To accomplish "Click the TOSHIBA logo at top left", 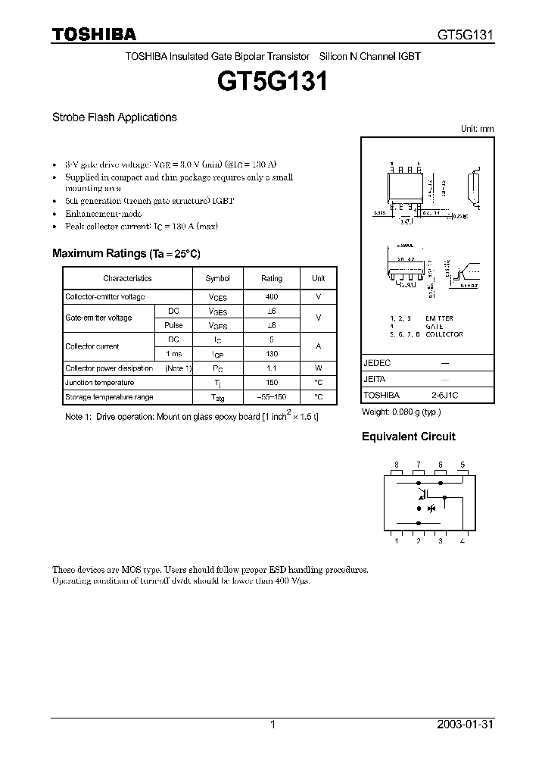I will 94,34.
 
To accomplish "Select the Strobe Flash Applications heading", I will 114,117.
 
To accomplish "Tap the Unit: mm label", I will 477,129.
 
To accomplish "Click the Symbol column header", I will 218,278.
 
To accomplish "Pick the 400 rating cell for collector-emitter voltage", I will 272,297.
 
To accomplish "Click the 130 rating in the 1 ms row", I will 272,354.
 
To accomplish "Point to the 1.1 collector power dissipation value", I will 272,368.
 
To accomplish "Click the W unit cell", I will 319,368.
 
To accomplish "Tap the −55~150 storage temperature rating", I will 272,397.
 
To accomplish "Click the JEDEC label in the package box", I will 377,364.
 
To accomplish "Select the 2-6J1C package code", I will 447,396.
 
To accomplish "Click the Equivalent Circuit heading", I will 408,437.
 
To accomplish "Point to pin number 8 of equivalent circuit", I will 396,465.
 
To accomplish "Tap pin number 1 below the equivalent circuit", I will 396,540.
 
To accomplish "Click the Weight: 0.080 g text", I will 401,412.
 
